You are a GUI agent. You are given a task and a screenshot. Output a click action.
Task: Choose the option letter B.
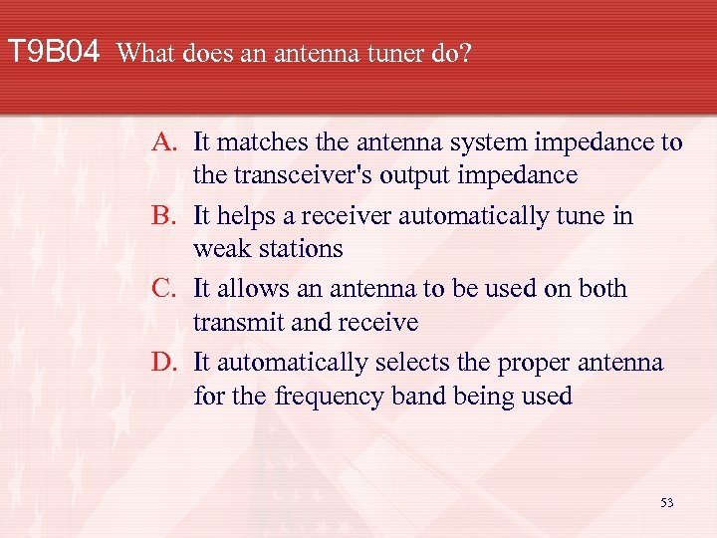164,216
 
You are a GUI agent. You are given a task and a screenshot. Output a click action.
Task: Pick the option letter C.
164,290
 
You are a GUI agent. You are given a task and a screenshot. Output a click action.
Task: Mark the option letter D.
164,363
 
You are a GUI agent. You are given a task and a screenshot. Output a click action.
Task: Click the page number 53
666,503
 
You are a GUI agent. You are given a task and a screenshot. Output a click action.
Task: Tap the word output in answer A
432,176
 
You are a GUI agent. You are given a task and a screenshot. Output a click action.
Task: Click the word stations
298,249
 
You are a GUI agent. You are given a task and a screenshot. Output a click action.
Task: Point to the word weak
221,249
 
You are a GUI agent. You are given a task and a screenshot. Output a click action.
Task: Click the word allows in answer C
245,290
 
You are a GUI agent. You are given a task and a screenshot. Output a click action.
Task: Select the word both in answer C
600,290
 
